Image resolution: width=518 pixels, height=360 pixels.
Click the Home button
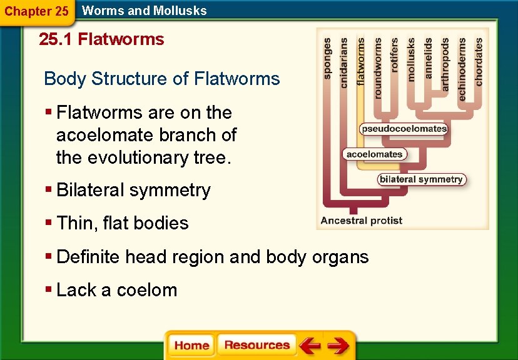pos(191,346)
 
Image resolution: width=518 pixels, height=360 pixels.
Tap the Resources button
pos(256,345)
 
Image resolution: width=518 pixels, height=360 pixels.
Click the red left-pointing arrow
pos(310,346)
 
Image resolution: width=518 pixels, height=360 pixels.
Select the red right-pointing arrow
pos(338,346)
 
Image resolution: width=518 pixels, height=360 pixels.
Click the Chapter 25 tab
pos(36,11)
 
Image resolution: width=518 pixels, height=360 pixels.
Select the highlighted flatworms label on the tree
pos(361,61)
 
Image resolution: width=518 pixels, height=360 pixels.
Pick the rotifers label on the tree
pos(394,55)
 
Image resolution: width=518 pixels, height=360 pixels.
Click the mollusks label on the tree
pos(411,59)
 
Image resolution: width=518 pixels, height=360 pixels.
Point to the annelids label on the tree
pos(429,58)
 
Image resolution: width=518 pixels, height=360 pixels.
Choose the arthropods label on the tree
pos(445,64)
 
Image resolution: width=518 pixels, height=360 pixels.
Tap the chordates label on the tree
pos(479,62)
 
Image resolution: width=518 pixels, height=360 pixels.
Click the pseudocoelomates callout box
pos(404,129)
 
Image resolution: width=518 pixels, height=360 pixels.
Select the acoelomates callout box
pos(375,154)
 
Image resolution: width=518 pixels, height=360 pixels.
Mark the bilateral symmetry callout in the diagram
pos(421,179)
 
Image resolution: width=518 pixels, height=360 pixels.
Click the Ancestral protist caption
pos(361,220)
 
